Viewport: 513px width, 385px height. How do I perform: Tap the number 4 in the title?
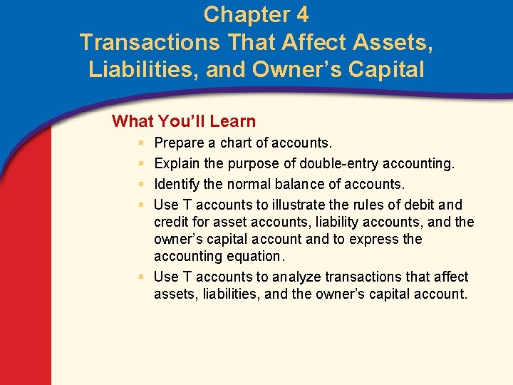click(301, 14)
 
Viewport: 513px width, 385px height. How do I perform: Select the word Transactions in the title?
click(150, 43)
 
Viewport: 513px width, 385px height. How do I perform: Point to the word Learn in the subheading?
click(232, 121)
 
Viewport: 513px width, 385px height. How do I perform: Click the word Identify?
click(177, 184)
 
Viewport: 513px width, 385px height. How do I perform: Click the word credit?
click(172, 222)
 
